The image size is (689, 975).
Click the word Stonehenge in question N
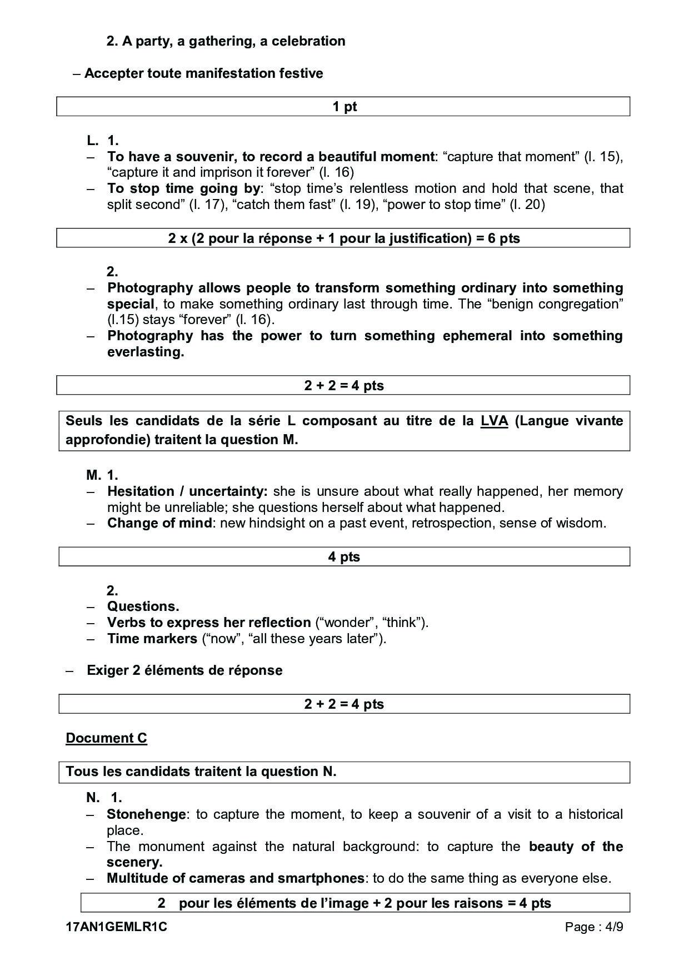click(146, 814)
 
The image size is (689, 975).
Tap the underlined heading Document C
click(106, 738)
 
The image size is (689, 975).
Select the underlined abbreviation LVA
click(494, 421)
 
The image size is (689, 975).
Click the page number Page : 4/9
click(593, 927)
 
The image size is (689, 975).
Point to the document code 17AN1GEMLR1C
click(116, 927)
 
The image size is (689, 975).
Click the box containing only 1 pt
click(343, 107)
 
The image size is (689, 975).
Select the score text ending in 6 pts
click(343, 238)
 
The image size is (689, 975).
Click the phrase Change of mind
click(159, 523)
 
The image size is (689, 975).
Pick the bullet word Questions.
click(143, 606)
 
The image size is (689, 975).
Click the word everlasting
click(145, 352)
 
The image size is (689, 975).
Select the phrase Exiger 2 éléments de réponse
click(184, 670)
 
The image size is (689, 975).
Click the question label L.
click(92, 141)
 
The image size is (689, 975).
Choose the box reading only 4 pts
click(343, 557)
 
